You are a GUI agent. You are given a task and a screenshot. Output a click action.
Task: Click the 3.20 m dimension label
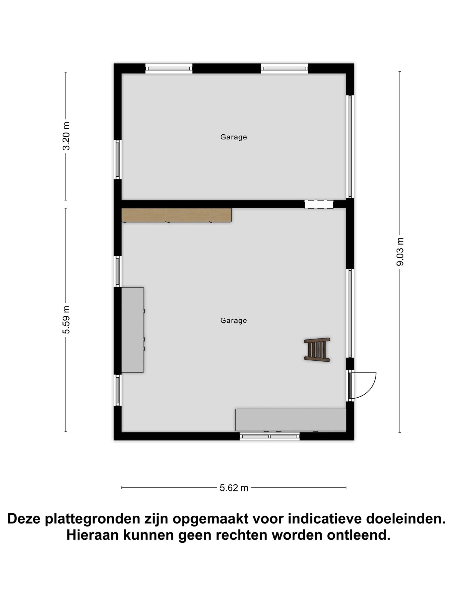click(x=66, y=136)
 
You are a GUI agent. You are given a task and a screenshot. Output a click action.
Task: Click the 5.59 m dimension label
click(x=66, y=319)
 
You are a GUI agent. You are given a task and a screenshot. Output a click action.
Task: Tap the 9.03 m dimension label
click(x=400, y=252)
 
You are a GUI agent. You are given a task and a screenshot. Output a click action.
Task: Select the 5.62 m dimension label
click(x=234, y=488)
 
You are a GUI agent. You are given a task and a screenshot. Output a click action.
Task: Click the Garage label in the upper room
click(x=233, y=137)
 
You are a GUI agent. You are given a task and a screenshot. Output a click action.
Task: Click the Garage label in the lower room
click(x=233, y=321)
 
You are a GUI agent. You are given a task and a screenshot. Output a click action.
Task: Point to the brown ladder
click(x=317, y=350)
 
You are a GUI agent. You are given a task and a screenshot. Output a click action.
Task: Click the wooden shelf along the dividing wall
click(x=176, y=215)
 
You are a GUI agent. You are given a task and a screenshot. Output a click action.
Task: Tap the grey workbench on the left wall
click(x=132, y=330)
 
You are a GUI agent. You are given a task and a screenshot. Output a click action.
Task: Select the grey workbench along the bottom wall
click(x=291, y=420)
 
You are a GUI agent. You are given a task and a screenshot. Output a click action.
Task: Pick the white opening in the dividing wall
click(x=319, y=204)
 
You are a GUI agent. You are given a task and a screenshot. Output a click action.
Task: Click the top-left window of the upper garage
click(x=169, y=68)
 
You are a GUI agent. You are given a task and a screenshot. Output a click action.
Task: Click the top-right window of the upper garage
click(x=284, y=68)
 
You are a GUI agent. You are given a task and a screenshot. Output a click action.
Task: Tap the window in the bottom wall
click(x=270, y=436)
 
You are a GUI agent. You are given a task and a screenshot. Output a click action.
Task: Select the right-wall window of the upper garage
click(x=350, y=147)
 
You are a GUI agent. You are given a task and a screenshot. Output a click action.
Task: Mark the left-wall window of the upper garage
click(x=118, y=159)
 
